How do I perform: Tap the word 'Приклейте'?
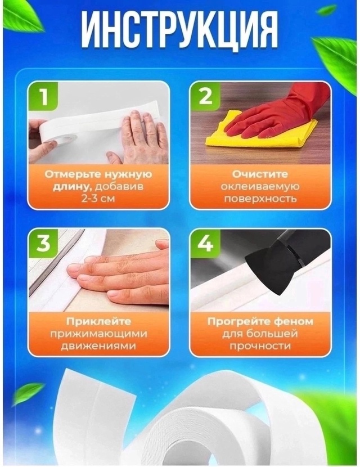(98, 321)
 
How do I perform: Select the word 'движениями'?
(98, 346)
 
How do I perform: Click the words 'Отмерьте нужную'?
(98, 174)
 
